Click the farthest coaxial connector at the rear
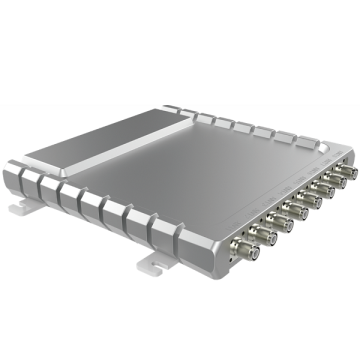pos(343,166)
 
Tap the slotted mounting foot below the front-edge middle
pos(150,262)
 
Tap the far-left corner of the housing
pos(12,160)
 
